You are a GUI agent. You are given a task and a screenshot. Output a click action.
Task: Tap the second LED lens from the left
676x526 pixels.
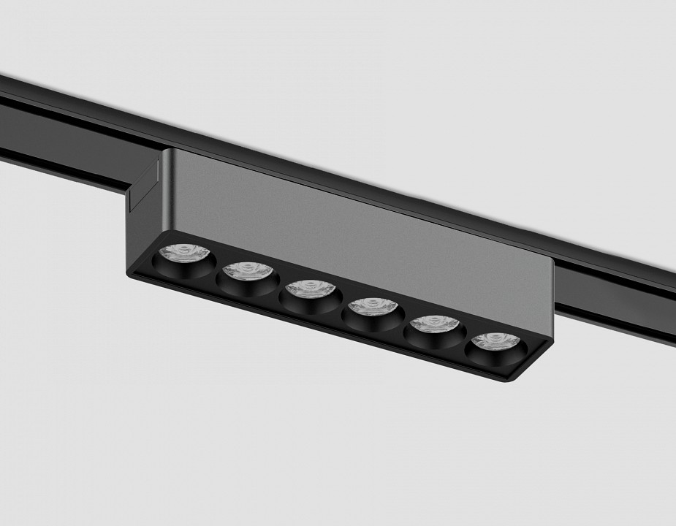(x=247, y=271)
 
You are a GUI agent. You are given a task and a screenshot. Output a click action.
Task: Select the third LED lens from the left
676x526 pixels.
(x=310, y=289)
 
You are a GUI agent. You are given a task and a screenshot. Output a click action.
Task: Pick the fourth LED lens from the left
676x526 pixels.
(x=372, y=307)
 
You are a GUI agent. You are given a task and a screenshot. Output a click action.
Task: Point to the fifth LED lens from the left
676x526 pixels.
(x=434, y=324)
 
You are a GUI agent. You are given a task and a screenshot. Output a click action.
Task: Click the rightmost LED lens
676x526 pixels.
(x=495, y=340)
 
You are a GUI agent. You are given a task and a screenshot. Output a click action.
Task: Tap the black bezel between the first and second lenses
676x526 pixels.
(x=216, y=269)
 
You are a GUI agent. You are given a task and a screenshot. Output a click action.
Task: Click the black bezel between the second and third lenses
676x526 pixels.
(x=278, y=287)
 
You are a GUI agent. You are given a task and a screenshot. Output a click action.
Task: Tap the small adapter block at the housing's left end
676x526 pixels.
(x=144, y=188)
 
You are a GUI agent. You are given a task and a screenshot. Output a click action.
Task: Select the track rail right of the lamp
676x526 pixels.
(x=621, y=292)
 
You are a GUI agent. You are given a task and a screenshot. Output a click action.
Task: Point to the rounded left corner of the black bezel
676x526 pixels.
(x=135, y=271)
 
